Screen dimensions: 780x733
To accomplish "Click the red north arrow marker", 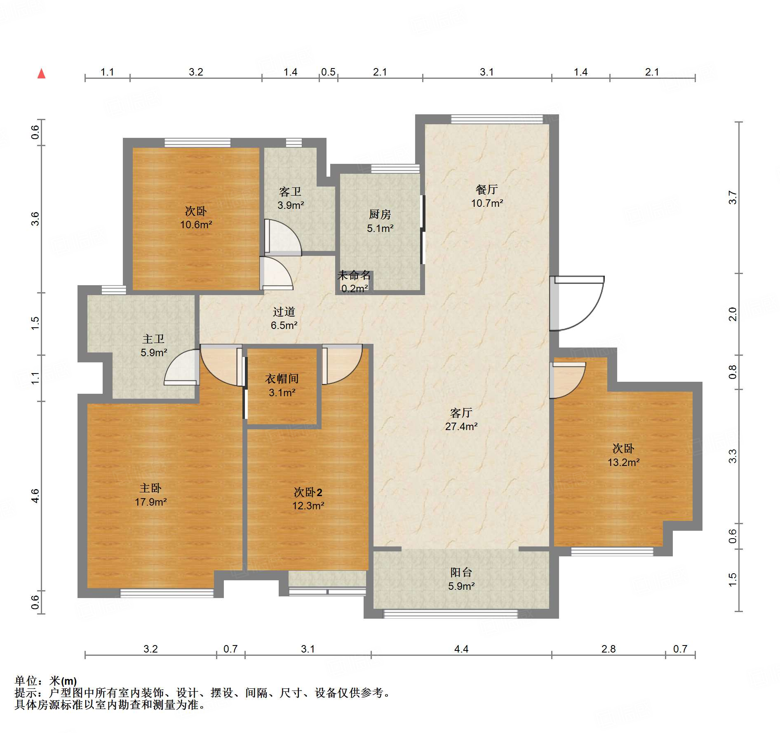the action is [x=41, y=73].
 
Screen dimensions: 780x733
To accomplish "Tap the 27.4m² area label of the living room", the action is [x=461, y=426].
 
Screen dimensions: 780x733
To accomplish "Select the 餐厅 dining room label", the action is [x=487, y=189].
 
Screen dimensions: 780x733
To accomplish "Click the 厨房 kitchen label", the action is [x=380, y=214].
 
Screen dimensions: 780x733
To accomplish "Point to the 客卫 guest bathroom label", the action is [x=290, y=192].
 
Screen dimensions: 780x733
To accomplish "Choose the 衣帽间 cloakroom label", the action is [x=282, y=378].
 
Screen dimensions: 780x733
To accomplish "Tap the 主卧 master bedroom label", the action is [x=150, y=488].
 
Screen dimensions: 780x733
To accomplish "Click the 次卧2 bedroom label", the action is [x=308, y=492].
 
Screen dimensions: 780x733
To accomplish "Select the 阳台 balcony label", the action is [x=461, y=572].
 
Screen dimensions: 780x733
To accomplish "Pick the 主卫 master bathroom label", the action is [x=153, y=339].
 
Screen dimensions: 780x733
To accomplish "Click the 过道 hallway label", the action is [x=284, y=312].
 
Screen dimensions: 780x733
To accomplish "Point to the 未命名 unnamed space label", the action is [x=354, y=275].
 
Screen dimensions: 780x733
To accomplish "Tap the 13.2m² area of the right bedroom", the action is [x=623, y=462].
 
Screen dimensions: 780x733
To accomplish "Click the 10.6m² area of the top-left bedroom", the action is [x=196, y=225].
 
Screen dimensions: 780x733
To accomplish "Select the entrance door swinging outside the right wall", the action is [x=577, y=303].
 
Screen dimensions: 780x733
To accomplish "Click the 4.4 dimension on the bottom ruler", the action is [x=461, y=649].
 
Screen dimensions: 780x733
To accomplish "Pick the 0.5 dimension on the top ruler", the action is [x=328, y=72].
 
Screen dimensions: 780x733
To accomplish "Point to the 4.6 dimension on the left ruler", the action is [x=35, y=496].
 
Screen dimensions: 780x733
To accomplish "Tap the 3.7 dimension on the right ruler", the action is [x=732, y=197].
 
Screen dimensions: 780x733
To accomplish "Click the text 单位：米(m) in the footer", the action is [x=46, y=681].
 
